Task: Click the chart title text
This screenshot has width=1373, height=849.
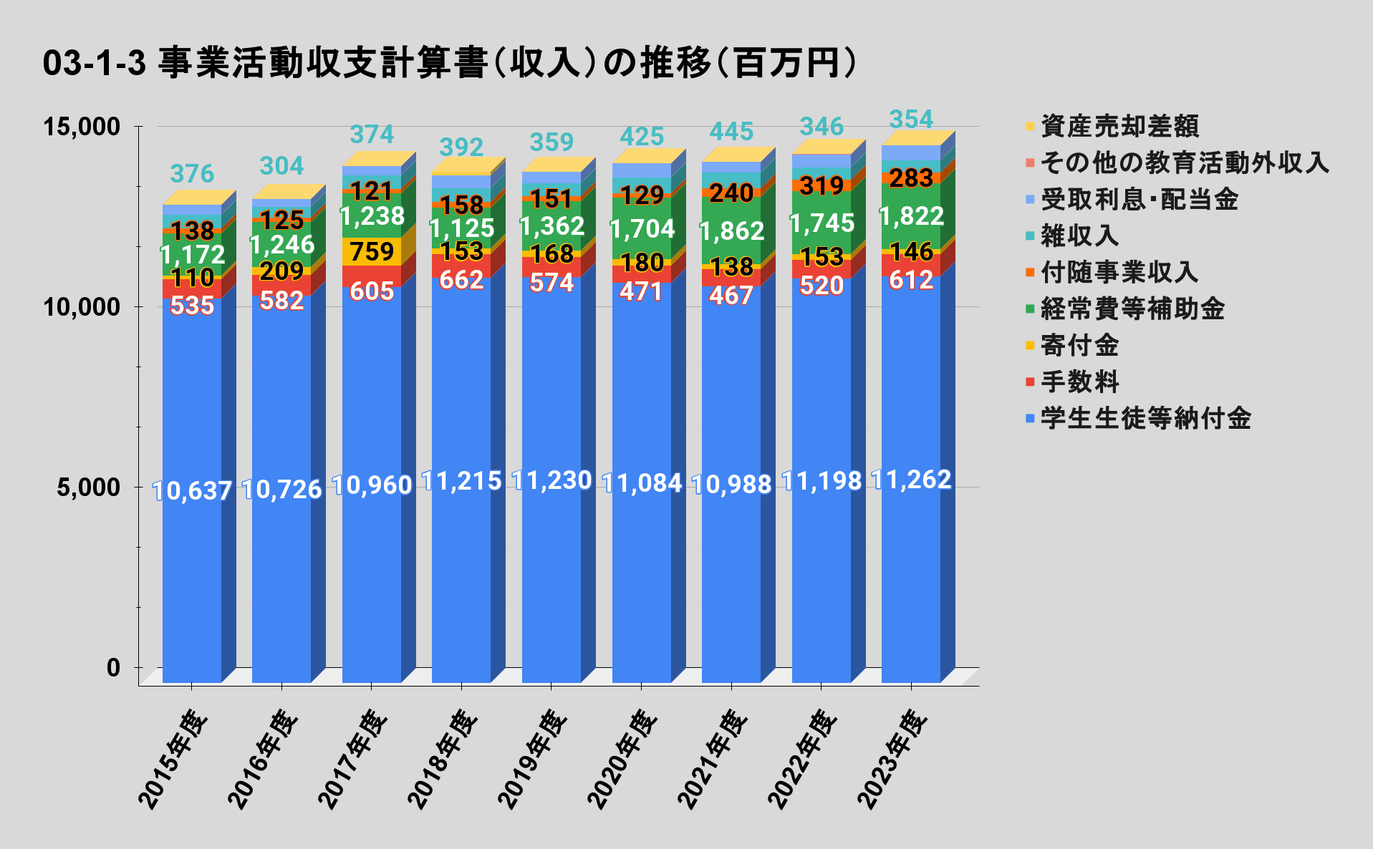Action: click(x=450, y=63)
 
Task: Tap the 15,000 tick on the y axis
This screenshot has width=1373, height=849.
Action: click(x=82, y=127)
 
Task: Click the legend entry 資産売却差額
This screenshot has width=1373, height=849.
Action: click(x=1119, y=127)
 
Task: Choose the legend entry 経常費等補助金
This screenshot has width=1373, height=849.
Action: click(x=1132, y=309)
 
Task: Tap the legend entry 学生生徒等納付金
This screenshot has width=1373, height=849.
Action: click(x=1145, y=418)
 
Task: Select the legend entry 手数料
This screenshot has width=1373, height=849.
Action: click(x=1079, y=382)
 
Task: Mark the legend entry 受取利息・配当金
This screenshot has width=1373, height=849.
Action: click(x=1139, y=200)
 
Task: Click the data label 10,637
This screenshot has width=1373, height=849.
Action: click(x=192, y=491)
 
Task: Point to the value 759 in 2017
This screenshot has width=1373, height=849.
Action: click(x=372, y=252)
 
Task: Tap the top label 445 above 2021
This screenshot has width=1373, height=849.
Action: click(x=731, y=132)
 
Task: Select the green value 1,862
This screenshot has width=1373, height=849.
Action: click(x=731, y=231)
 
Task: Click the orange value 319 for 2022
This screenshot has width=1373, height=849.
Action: click(x=822, y=186)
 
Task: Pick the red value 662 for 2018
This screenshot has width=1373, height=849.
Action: click(x=461, y=280)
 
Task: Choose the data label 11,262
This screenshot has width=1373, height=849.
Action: click(x=911, y=480)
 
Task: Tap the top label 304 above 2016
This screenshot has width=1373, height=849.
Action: click(x=281, y=166)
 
